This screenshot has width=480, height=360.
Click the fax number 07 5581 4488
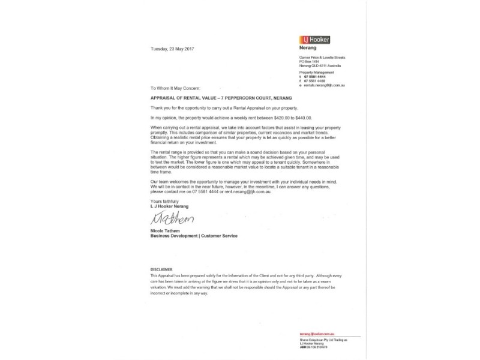[316, 81]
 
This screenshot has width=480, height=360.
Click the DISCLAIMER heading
[161, 270]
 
